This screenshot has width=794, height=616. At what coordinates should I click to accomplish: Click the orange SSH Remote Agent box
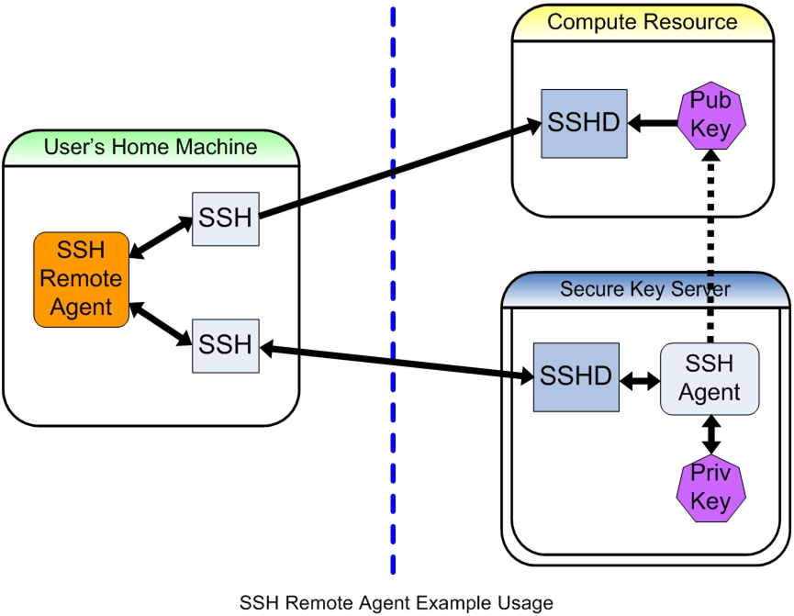81,279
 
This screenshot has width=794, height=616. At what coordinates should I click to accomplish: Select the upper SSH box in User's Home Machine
225,219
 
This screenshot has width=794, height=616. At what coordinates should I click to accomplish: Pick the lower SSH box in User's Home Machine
225,344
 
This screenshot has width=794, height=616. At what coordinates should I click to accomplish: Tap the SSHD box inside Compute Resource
584,122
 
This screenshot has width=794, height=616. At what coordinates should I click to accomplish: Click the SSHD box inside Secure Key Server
576,376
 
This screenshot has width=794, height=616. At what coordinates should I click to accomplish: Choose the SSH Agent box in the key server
710,378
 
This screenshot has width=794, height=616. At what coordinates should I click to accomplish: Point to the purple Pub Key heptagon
710,115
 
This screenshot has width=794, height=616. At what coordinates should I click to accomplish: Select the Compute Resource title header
642,22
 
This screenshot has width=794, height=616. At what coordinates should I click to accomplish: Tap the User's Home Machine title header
151,147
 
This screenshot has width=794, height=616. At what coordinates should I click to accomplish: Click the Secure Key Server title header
645,290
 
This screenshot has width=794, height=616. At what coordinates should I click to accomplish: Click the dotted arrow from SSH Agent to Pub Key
710,248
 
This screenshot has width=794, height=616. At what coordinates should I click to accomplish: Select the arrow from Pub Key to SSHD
653,122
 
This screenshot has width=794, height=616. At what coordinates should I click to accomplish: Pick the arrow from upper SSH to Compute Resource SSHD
395,171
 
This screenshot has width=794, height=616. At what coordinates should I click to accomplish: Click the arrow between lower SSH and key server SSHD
395,361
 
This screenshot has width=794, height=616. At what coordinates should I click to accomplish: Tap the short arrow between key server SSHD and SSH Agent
640,378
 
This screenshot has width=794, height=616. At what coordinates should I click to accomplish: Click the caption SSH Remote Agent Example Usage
397,603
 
